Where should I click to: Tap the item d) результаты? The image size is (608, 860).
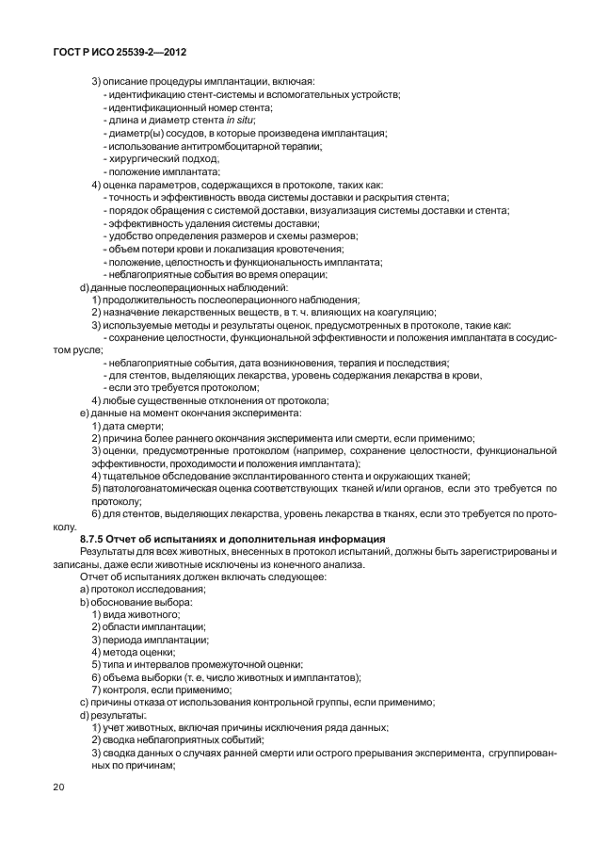click(x=120, y=716)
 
